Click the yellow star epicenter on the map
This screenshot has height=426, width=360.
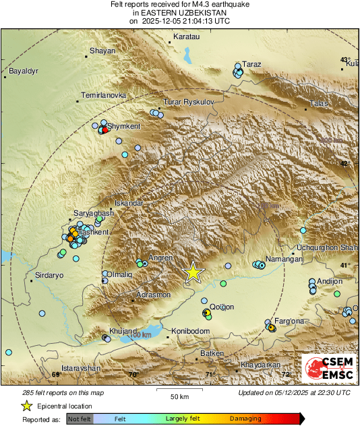coord(193,272)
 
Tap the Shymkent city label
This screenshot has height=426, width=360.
coord(124,126)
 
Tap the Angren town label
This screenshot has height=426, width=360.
coord(160,257)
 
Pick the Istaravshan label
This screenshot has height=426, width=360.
coord(80,369)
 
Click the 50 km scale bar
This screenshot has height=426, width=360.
coord(179,390)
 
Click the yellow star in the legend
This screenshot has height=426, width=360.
coord(27,406)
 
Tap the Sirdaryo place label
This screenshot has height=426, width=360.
coord(49,276)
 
